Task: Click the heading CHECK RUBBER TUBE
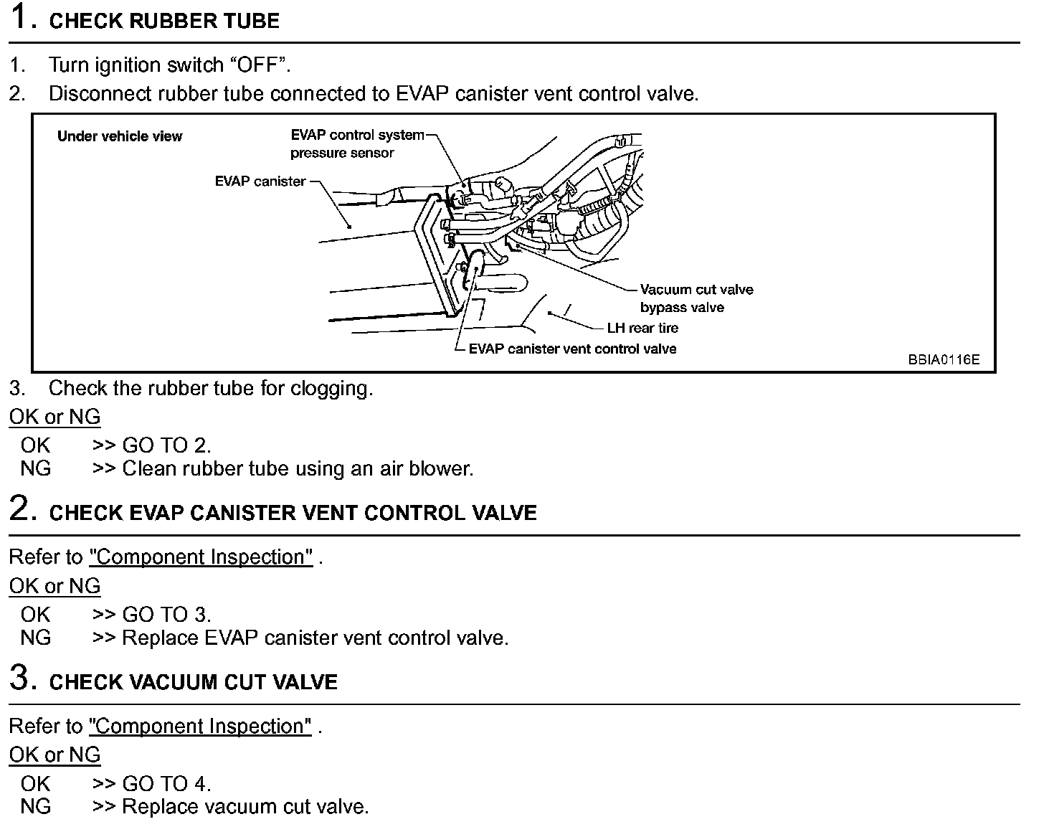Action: [163, 21]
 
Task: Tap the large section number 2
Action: [21, 509]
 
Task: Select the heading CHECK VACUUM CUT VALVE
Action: [193, 681]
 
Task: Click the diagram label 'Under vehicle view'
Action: [120, 136]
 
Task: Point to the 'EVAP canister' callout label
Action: [260, 181]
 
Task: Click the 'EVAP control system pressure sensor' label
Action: [356, 143]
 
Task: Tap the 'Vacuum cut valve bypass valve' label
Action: [696, 298]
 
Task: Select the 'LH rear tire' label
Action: [642, 328]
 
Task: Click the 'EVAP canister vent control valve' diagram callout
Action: [572, 349]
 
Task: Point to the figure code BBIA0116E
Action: [943, 360]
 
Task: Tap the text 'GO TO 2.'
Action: [166, 445]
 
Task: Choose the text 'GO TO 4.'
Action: [166, 783]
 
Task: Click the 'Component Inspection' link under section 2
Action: [201, 557]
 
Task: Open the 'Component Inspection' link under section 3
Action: [201, 726]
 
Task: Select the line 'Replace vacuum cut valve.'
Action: [245, 806]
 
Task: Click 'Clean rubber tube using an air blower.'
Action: [298, 468]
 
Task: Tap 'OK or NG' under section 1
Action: [54, 417]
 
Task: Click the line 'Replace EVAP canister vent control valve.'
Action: [315, 638]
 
